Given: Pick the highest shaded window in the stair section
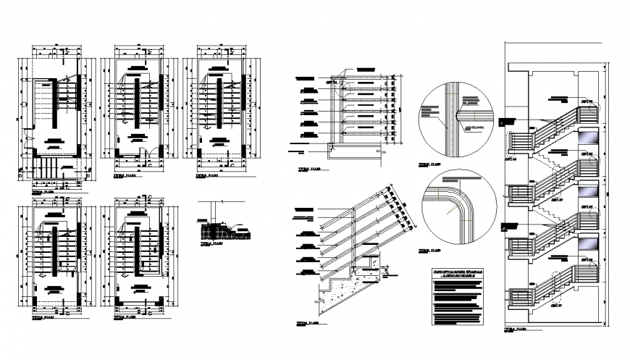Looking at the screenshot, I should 589,137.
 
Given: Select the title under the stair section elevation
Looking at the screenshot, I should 516,329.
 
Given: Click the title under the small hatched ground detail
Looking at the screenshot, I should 211,245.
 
